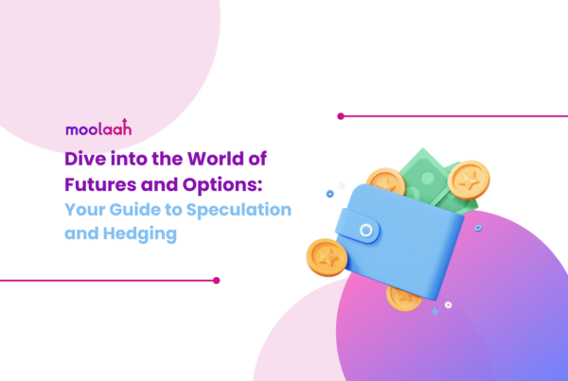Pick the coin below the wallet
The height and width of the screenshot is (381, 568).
pyautogui.click(x=405, y=296)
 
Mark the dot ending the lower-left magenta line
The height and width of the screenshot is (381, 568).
pyautogui.click(x=216, y=280)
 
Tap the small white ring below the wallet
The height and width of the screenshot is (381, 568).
pyautogui.click(x=448, y=304)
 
